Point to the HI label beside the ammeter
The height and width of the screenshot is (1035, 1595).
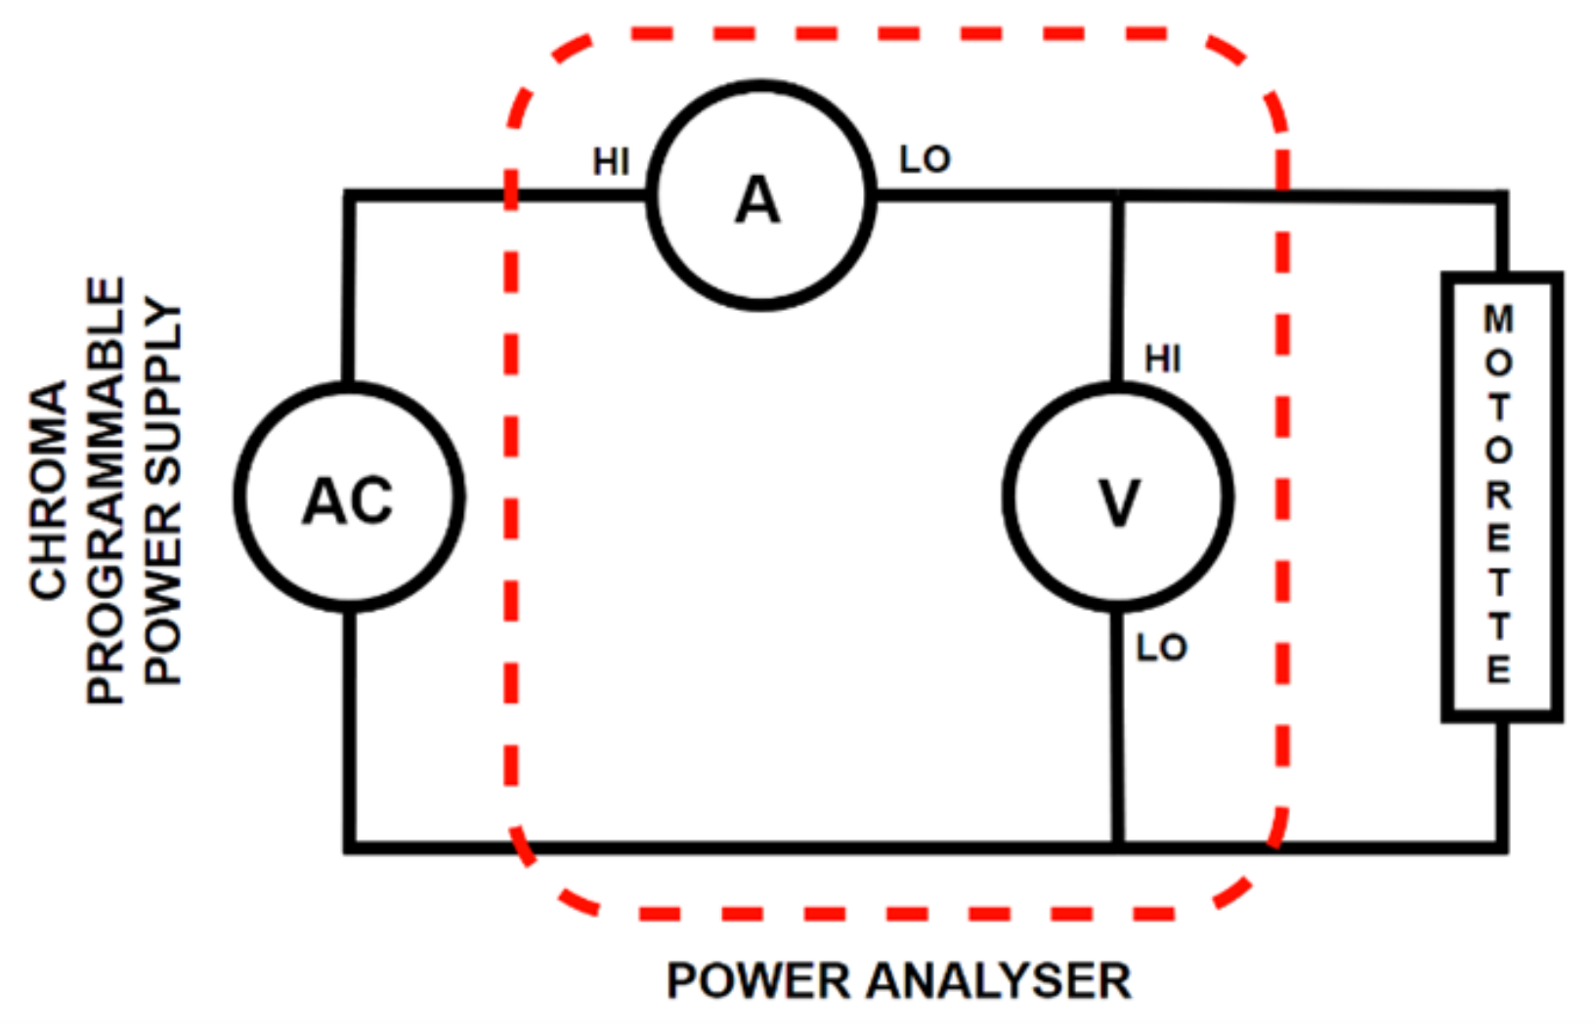point(611,162)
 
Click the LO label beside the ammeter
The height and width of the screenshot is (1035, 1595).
point(925,159)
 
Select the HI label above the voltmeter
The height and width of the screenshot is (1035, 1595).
point(1162,360)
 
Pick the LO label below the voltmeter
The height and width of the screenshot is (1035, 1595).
point(1161,647)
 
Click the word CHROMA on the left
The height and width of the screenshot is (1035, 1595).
point(49,490)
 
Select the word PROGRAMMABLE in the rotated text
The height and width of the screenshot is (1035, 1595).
point(106,490)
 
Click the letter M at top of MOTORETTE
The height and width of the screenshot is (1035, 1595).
point(1498,319)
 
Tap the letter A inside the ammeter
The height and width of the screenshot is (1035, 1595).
point(757,200)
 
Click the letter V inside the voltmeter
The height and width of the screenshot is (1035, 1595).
point(1118,502)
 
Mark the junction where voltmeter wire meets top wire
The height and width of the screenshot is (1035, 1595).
point(1118,196)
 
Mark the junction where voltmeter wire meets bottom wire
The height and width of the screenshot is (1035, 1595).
point(1118,846)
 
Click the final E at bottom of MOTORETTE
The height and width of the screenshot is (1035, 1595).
point(1498,669)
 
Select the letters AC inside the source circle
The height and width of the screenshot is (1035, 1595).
point(348,501)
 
